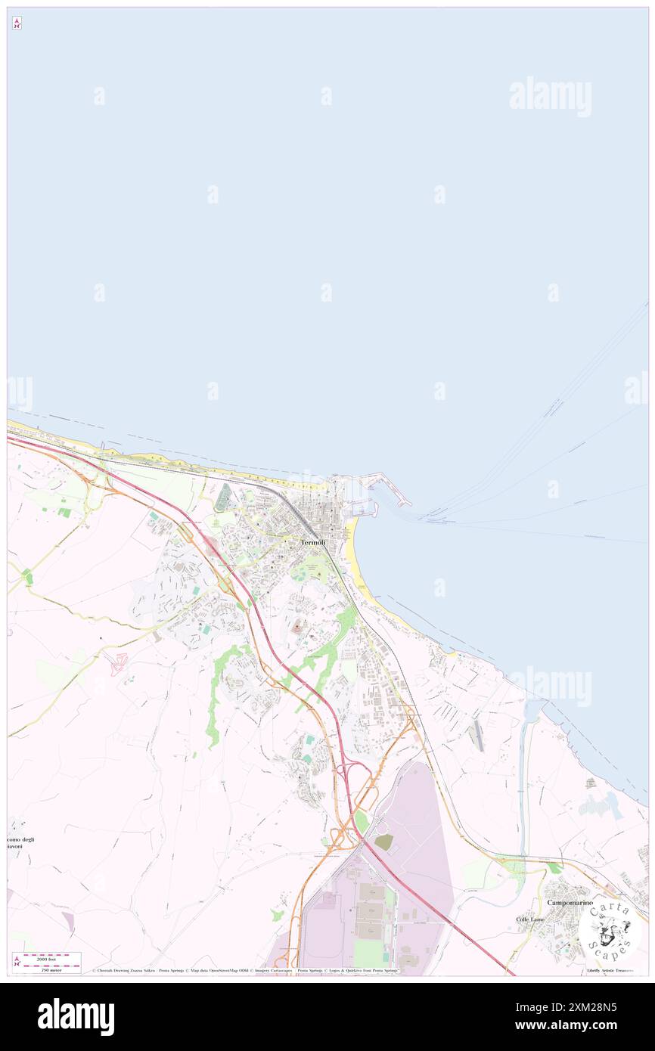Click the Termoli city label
[313, 542]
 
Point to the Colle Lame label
[530, 919]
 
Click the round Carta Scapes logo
[610, 929]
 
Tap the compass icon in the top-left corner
[17, 23]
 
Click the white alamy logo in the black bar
[76, 1016]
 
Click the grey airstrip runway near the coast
[476, 735]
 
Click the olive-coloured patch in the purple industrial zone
[384, 842]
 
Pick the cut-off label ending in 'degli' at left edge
[21, 839]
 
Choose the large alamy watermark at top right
[550, 96]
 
